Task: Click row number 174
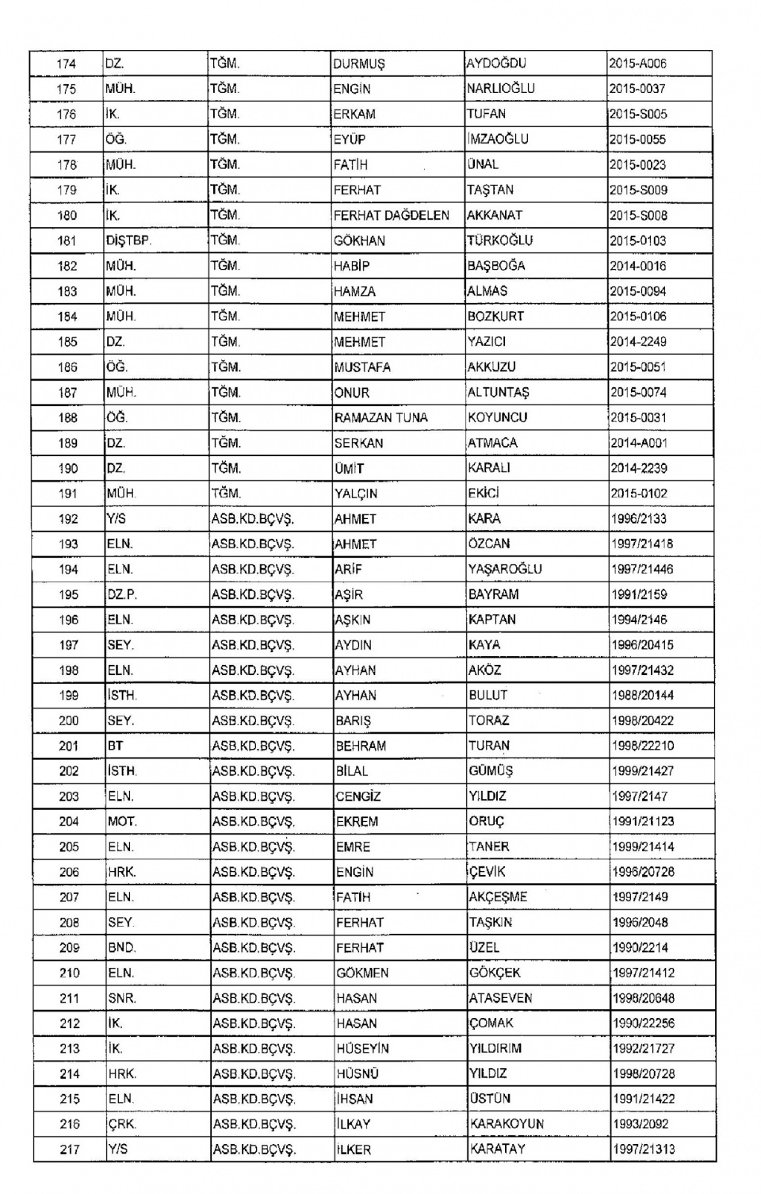[x=67, y=63]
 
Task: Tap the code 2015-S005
[x=638, y=114]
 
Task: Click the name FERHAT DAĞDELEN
[x=392, y=216]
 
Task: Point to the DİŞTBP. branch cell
[x=128, y=240]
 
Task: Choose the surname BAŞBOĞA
[x=496, y=266]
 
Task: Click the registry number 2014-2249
[x=638, y=342]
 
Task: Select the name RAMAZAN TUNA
[x=381, y=417]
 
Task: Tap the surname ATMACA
[x=492, y=443]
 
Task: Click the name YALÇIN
[x=356, y=493]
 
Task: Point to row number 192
[x=68, y=519]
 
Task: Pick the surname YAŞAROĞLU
[x=505, y=569]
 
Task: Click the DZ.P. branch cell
[x=122, y=594]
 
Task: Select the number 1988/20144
[x=642, y=696]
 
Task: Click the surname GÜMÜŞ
[x=491, y=771]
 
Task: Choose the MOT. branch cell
[x=122, y=822]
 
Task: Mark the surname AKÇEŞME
[x=498, y=897]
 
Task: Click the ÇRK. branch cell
[x=121, y=1124]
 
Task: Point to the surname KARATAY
[x=497, y=1149]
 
